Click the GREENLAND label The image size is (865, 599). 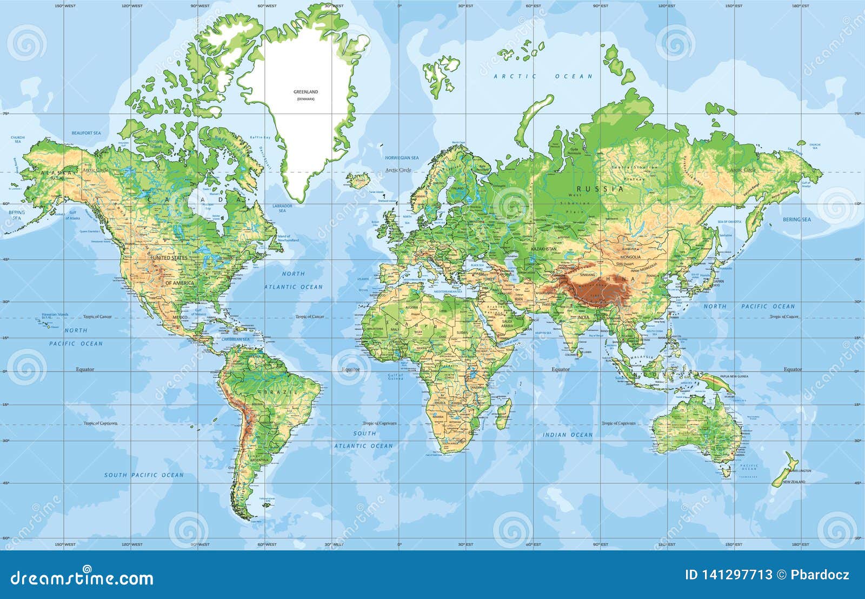pyautogui.click(x=305, y=92)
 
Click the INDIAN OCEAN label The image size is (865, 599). pyautogui.click(x=568, y=435)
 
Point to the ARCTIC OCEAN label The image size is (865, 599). pyautogui.click(x=543, y=77)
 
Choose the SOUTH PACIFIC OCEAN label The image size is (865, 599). pyautogui.click(x=144, y=475)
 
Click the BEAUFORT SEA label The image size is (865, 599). pyautogui.click(x=86, y=133)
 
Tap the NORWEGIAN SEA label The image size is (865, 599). pyautogui.click(x=401, y=158)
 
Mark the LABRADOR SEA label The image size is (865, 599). pyautogui.click(x=282, y=208)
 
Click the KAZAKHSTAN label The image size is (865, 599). pyautogui.click(x=543, y=249)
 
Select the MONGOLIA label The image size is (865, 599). pyautogui.click(x=630, y=257)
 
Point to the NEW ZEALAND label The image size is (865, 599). pyautogui.click(x=794, y=482)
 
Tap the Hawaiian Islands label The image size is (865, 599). pyautogui.click(x=55, y=314)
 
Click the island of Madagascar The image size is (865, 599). pyautogui.click(x=504, y=415)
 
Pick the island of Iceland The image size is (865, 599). pyautogui.click(x=358, y=180)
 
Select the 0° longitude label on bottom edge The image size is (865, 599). pyautogui.click(x=400, y=544)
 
